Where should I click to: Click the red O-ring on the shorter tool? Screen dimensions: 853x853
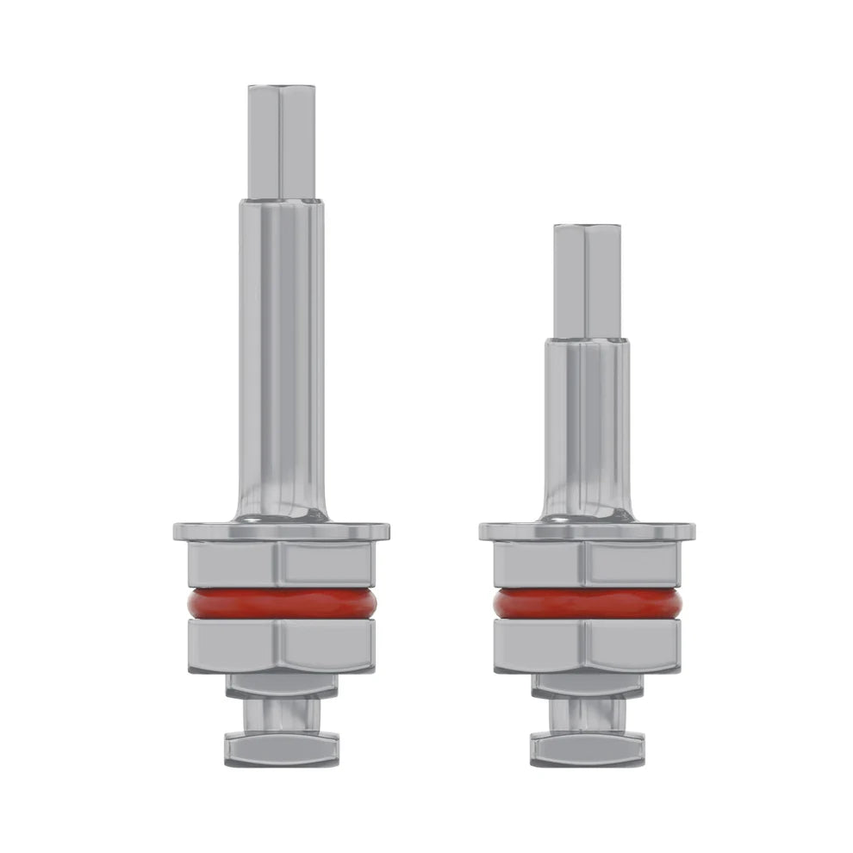pyautogui.click(x=588, y=604)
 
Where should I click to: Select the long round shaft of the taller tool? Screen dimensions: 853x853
pyautogui.click(x=281, y=345)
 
